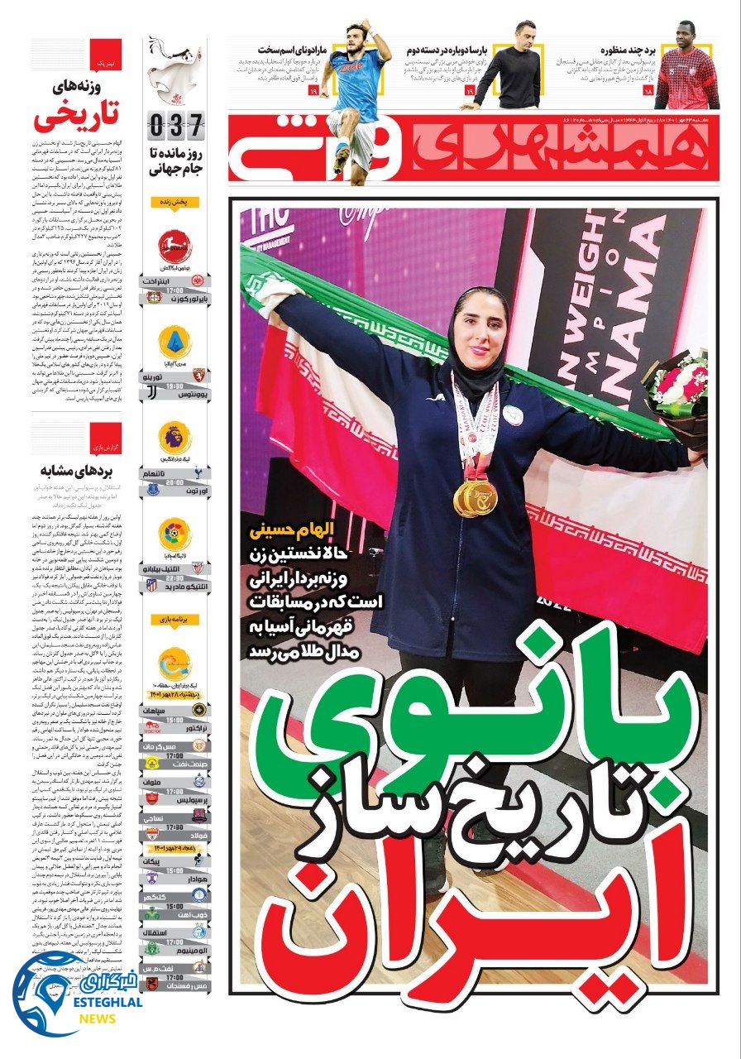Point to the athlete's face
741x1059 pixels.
pyautogui.click(x=480, y=319)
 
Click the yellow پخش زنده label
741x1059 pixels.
pyautogui.click(x=174, y=202)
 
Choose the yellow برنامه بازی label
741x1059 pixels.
pyautogui.click(x=174, y=619)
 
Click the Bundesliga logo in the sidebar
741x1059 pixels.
pyautogui.click(x=174, y=243)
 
